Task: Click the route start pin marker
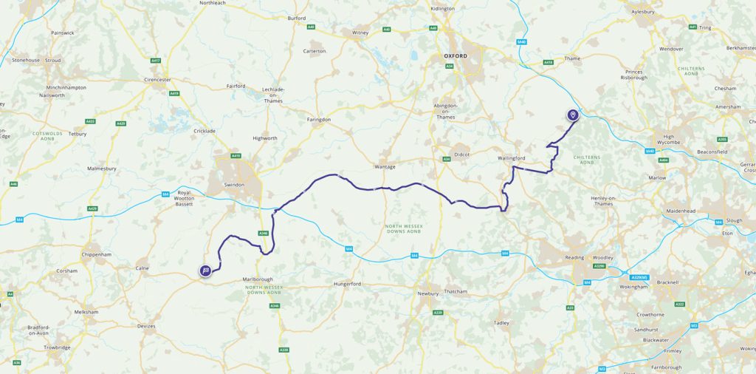coord(572,115)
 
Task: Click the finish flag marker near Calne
coord(205,271)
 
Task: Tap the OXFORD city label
coord(456,55)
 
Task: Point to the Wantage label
coord(385,166)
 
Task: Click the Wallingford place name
coord(511,158)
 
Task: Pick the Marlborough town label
coord(257,279)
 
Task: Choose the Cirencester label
coord(158,79)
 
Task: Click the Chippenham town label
coord(96,254)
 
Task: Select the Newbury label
coord(428,293)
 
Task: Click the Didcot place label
coord(462,154)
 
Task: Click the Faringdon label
coord(319,119)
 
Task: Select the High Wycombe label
coord(670,140)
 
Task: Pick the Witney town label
coord(360,33)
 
